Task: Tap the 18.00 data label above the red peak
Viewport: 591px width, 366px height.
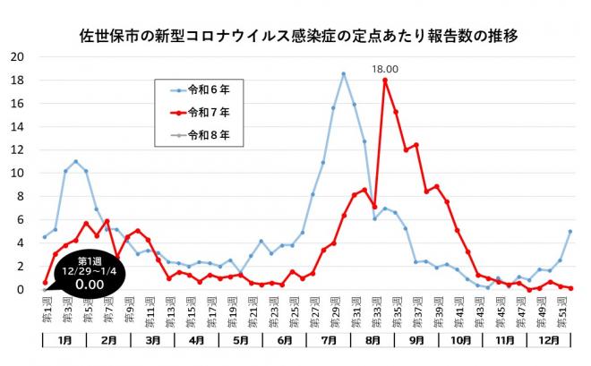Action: pos(385,66)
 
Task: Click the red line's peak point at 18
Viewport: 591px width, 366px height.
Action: pos(385,80)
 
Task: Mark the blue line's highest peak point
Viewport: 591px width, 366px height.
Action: pos(343,73)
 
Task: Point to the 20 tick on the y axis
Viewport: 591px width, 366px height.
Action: pos(18,56)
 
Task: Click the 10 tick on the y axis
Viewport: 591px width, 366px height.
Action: pos(18,173)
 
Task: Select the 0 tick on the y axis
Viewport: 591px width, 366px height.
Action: pos(21,290)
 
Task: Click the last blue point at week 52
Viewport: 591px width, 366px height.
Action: pos(570,231)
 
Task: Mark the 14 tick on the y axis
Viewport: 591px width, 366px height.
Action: pos(18,126)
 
